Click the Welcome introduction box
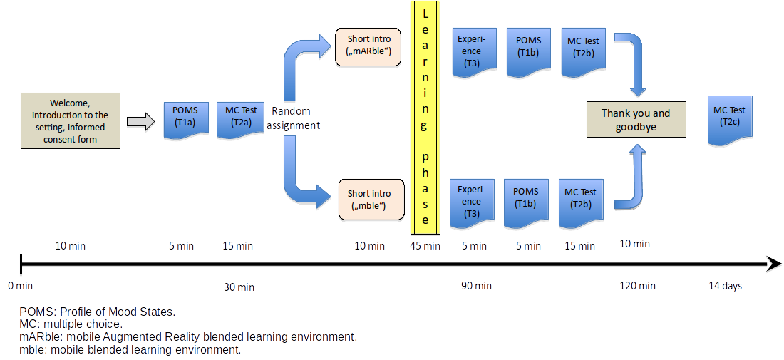70,120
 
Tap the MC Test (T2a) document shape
241,116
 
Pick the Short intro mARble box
369,44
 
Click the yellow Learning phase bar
425,118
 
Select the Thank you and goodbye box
636,120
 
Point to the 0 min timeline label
21,286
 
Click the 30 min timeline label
239,287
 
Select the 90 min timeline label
476,286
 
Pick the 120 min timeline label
638,286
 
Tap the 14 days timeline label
725,286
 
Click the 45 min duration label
425,246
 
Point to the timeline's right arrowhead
773,264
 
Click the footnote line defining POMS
97,312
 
